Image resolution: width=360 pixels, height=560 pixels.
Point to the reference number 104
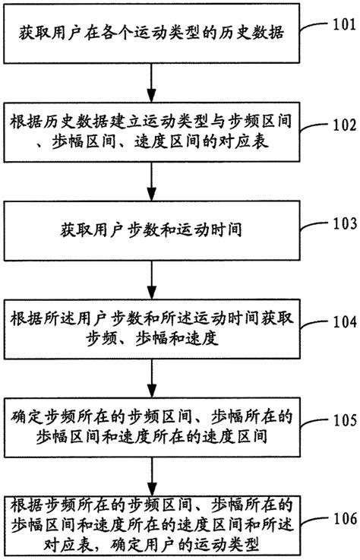(x=343, y=321)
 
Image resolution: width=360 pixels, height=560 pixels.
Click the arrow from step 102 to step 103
(x=153, y=181)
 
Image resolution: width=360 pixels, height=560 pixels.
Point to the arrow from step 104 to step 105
(x=153, y=378)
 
